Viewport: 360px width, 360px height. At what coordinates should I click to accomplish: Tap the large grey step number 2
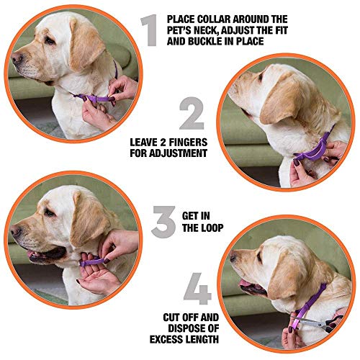[192, 114]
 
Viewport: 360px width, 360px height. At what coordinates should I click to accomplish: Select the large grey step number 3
[163, 222]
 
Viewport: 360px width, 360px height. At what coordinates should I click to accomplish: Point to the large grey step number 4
[197, 289]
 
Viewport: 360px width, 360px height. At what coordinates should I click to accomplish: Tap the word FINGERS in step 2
[188, 143]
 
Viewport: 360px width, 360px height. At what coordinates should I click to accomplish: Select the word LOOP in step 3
[212, 228]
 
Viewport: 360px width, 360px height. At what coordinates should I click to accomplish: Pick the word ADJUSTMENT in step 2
[178, 153]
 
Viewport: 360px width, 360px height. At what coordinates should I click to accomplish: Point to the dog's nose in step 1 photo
[17, 58]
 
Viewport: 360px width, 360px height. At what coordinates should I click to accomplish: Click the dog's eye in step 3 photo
[49, 212]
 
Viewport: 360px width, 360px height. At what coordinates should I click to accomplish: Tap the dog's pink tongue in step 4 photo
[245, 283]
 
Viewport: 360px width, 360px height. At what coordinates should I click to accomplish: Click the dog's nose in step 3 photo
[16, 230]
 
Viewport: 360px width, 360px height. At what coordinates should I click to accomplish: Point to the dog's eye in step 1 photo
[50, 41]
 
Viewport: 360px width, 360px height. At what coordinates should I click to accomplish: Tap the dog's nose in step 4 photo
[233, 258]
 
